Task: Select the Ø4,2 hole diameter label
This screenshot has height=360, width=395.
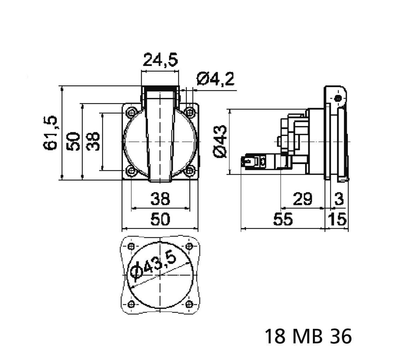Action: [216, 80]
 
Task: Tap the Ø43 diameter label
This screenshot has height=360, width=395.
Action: [220, 142]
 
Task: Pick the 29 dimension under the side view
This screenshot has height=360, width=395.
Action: [303, 199]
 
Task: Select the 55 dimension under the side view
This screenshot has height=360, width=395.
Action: [283, 220]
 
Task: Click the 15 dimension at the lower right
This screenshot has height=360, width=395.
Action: [337, 220]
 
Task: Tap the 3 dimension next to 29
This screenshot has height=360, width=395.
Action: [339, 199]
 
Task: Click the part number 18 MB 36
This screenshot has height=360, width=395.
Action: [308, 336]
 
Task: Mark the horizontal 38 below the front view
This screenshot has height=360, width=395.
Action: [160, 199]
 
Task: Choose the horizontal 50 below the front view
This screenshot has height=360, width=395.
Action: [160, 220]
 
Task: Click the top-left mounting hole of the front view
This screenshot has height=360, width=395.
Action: [131, 112]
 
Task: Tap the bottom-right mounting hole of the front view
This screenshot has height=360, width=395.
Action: [190, 171]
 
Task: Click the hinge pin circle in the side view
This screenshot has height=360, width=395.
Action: [338, 98]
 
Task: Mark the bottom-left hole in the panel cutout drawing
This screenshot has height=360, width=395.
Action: [131, 304]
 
